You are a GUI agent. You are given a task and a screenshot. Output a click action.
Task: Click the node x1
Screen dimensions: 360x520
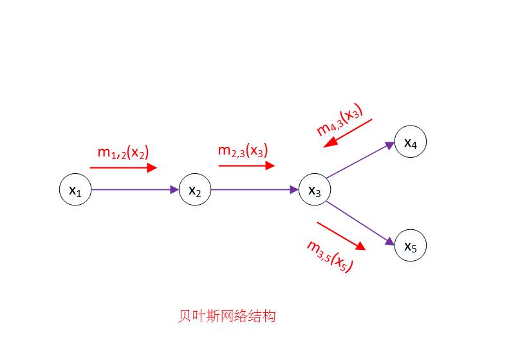tap(75, 190)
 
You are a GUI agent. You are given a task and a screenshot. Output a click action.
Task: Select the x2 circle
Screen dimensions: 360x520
tap(194, 190)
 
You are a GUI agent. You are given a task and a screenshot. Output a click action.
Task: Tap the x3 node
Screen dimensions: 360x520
tap(315, 190)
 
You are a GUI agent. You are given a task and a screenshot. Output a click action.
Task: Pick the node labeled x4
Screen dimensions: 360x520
tap(411, 143)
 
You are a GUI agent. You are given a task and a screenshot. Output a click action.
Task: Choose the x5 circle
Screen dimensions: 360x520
tap(411, 245)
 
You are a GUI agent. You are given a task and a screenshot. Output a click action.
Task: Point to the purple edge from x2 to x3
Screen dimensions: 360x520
tap(254, 190)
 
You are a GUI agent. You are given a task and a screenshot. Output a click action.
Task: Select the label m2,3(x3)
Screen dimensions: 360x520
tap(243, 151)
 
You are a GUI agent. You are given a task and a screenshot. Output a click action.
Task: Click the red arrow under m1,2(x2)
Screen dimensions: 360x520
tap(123, 168)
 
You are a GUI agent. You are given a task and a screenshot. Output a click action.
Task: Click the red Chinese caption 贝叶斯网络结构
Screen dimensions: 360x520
tap(227, 317)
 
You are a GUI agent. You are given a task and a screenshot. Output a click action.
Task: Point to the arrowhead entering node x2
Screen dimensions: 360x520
tap(174, 190)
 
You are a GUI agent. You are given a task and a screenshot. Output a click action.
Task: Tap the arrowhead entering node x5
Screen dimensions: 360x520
tap(390, 241)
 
